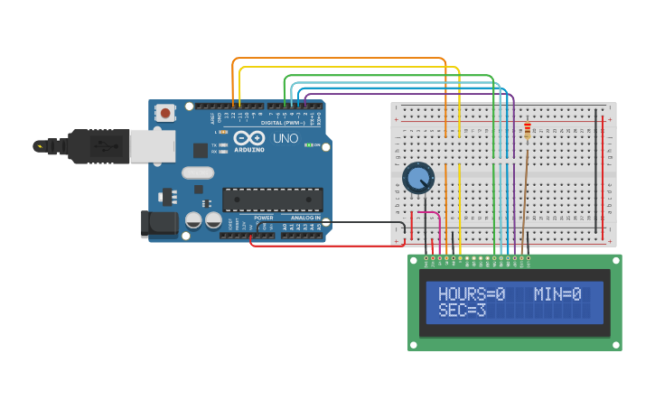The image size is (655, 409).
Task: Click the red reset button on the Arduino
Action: click(166, 113)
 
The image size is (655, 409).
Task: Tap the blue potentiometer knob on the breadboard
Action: click(418, 178)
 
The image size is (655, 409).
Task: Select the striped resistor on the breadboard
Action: click(528, 132)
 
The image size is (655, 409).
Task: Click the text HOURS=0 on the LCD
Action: click(471, 294)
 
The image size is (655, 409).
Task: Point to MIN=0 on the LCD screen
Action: click(557, 294)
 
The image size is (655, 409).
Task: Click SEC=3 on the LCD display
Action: click(462, 311)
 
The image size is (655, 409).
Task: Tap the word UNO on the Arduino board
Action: click(285, 138)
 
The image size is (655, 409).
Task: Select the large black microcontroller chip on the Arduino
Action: click(272, 200)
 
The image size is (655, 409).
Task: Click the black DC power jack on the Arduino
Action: click(160, 225)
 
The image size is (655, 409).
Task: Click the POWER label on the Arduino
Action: click(263, 218)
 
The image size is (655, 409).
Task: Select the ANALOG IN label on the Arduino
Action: click(304, 218)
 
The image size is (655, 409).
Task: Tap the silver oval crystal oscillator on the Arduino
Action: click(198, 172)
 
